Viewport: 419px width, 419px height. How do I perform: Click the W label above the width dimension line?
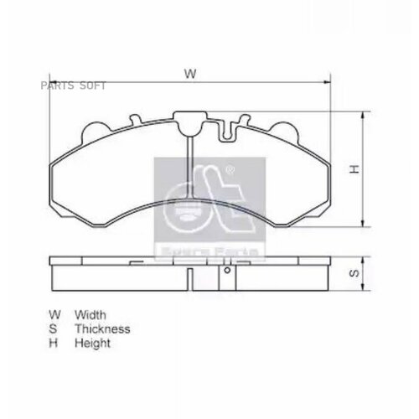pyautogui.click(x=191, y=74)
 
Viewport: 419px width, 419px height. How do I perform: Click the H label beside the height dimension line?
pyautogui.click(x=354, y=170)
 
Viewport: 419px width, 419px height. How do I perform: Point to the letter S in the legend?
pyautogui.click(x=54, y=329)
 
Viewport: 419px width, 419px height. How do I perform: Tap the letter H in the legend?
pyautogui.click(x=54, y=344)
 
